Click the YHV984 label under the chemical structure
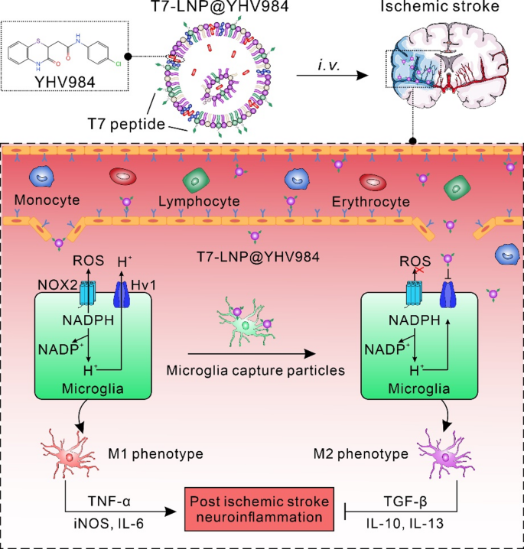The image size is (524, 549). click(65, 82)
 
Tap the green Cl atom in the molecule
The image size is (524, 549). click(118, 63)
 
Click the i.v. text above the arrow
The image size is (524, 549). click(329, 65)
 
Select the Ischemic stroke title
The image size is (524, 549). click(440, 6)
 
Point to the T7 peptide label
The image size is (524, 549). click(126, 124)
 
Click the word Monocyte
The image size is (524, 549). click(47, 200)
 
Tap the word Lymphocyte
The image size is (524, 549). click(199, 201)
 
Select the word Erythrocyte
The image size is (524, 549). click(370, 202)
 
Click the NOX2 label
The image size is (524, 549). click(57, 285)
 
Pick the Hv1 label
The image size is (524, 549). click(143, 285)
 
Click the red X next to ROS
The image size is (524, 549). click(419, 270)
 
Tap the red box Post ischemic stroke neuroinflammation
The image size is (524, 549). click(259, 509)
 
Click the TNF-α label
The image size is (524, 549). click(109, 502)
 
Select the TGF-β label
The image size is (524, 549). click(405, 502)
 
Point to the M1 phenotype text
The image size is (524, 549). click(155, 453)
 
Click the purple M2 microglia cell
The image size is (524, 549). click(445, 454)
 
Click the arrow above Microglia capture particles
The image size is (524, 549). click(252, 353)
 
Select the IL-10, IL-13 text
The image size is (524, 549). click(405, 524)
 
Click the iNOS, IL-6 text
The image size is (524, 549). click(109, 524)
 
